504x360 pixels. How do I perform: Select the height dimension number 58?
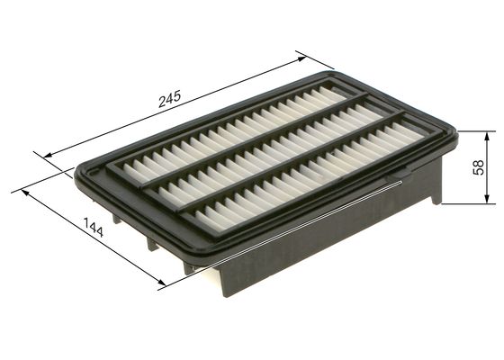pyautogui.click(x=480, y=167)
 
